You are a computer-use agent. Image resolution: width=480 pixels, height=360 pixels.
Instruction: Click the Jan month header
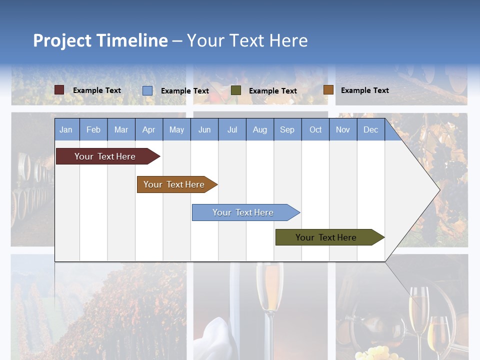(x=66, y=130)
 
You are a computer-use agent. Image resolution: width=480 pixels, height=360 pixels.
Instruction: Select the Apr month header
(x=148, y=130)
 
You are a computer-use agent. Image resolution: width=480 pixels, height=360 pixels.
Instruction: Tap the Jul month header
(x=232, y=130)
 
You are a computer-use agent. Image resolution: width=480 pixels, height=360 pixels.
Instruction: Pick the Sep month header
(x=287, y=130)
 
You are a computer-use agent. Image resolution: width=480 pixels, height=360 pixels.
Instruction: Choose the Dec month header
(x=370, y=130)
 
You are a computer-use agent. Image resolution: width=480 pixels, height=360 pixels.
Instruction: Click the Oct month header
(x=315, y=130)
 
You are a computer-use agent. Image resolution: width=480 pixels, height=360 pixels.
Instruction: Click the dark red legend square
(x=59, y=90)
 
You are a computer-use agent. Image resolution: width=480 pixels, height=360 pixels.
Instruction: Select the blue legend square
(x=147, y=90)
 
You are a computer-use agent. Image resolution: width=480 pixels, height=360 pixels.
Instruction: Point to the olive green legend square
(x=236, y=90)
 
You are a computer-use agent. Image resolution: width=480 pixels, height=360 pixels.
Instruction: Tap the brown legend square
(x=328, y=90)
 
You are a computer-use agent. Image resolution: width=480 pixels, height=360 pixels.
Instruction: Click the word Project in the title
(x=62, y=40)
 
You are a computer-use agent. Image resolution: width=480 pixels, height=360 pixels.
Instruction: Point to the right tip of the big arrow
(x=439, y=189)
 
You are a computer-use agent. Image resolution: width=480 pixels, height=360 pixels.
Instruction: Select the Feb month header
(x=93, y=130)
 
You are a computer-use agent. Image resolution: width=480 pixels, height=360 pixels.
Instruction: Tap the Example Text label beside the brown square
(x=364, y=90)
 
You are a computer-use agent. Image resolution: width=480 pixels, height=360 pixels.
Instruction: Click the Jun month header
(x=204, y=130)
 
